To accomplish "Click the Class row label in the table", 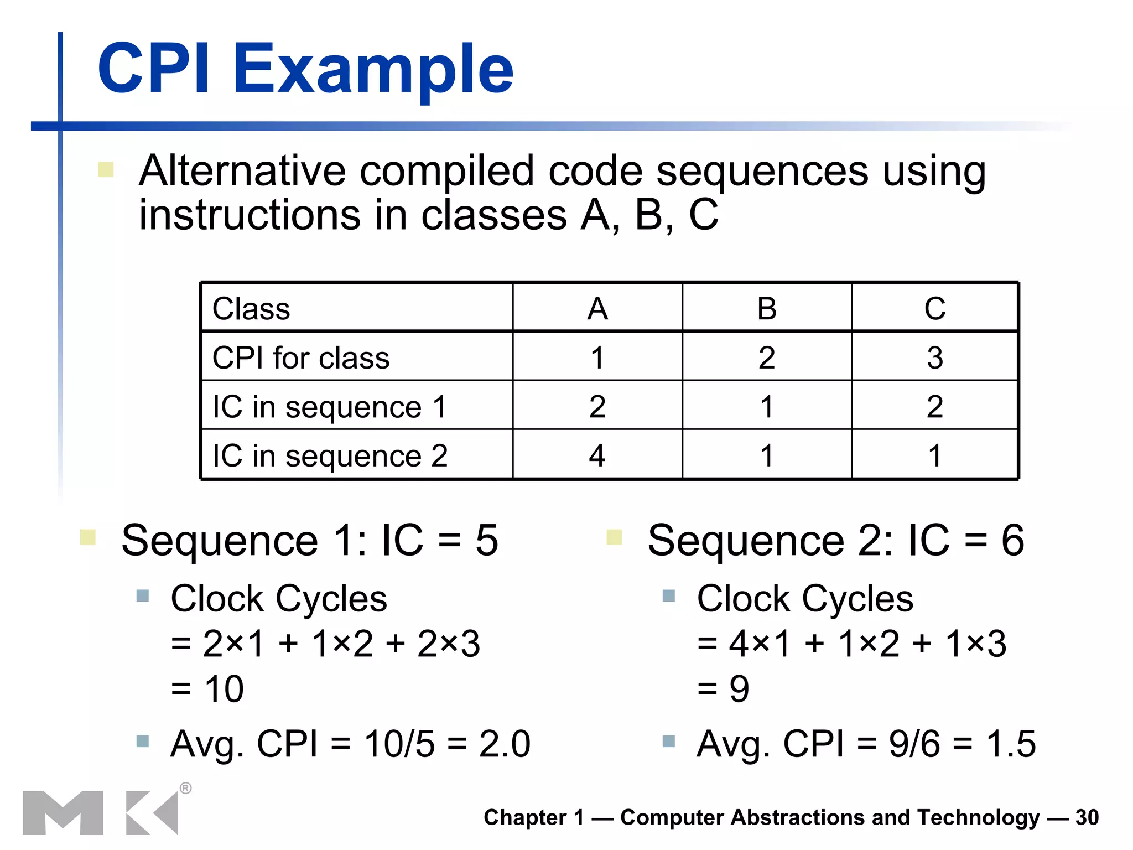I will [x=251, y=309].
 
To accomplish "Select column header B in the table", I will [x=767, y=309].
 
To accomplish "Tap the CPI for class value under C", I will [x=935, y=357].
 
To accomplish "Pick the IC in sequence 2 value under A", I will [x=597, y=455].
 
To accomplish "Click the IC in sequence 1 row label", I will [x=329, y=407].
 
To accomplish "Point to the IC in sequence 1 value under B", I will [x=767, y=407].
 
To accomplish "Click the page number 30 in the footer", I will [x=1087, y=817].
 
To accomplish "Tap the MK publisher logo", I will [x=100, y=812].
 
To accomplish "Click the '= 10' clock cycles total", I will [x=208, y=690].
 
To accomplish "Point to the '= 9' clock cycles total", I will [x=724, y=690].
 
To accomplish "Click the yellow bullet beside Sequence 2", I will [x=614, y=537].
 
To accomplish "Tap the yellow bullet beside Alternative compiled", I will [x=106, y=169].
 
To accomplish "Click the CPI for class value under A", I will [x=597, y=357].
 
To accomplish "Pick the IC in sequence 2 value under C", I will [x=935, y=455].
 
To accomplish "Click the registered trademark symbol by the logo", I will [x=186, y=788].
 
